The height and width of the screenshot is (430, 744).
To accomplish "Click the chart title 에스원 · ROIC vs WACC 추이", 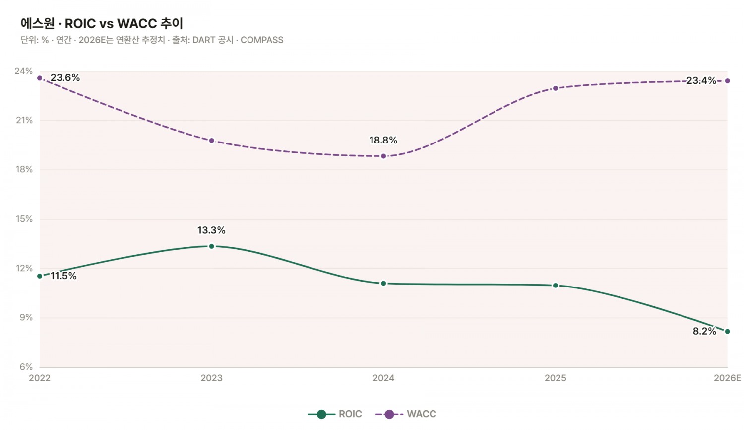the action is click(102, 24).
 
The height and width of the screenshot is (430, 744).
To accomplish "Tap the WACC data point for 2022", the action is click(40, 78).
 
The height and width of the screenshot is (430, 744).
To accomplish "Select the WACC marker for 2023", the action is click(212, 141).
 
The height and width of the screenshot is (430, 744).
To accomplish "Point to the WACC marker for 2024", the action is click(383, 156).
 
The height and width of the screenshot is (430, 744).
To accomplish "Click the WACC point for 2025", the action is click(556, 88).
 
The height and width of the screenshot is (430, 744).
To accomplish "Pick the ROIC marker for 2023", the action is click(212, 246).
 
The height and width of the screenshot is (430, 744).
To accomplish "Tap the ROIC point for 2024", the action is click(383, 284).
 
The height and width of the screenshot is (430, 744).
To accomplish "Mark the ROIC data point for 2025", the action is click(556, 286).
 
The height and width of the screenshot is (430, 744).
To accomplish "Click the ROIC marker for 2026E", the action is click(728, 332).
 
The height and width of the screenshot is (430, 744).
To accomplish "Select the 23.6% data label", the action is click(65, 78).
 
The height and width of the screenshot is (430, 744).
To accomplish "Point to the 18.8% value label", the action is click(383, 141).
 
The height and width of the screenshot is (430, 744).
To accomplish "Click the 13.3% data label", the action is click(211, 230).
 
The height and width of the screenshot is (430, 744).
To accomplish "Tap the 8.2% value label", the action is click(704, 331).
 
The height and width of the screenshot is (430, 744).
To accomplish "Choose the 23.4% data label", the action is click(701, 80).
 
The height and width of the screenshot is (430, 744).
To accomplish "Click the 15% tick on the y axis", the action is click(24, 219).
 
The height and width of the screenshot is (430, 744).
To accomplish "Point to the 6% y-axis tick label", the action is click(26, 367).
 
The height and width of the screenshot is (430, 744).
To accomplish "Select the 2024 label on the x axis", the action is click(383, 378).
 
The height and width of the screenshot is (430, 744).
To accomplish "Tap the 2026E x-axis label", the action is click(728, 378).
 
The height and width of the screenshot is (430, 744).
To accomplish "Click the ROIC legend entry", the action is click(335, 414).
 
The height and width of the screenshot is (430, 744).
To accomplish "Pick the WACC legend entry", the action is click(406, 414).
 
